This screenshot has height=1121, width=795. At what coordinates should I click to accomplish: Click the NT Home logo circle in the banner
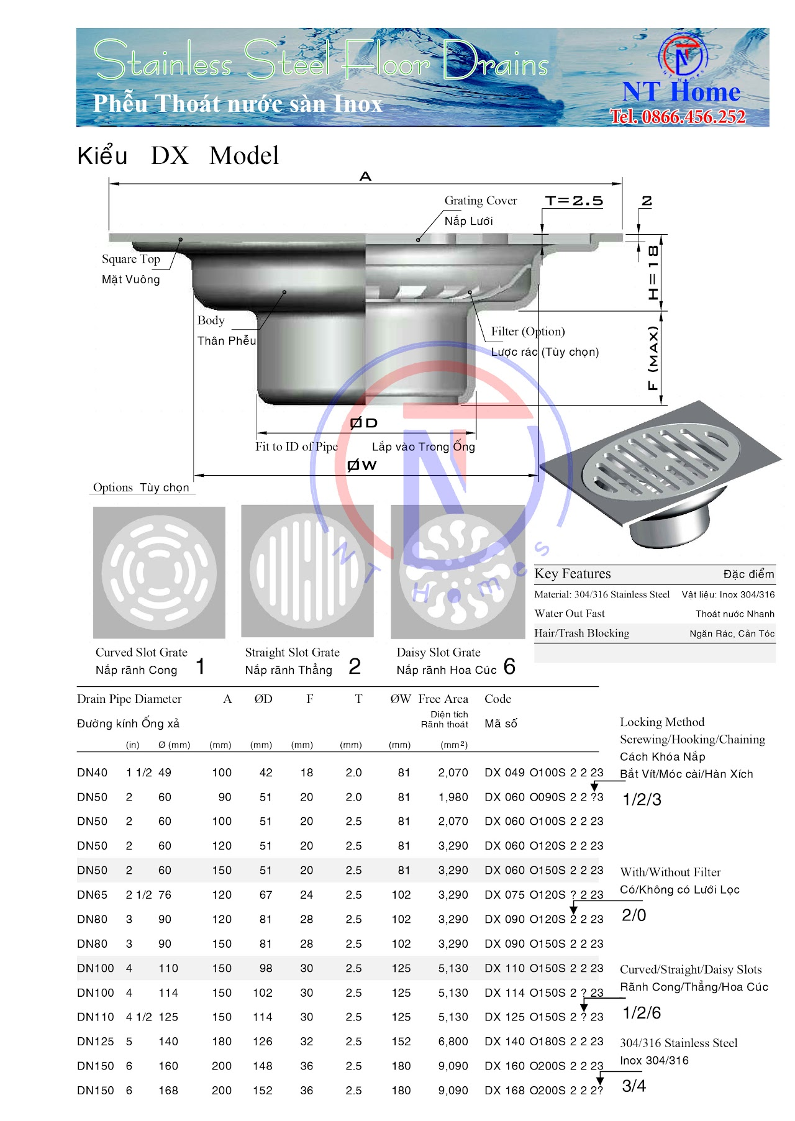point(682,55)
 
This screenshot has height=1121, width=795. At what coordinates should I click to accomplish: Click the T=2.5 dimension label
point(574,201)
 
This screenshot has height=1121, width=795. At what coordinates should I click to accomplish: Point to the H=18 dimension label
point(653,273)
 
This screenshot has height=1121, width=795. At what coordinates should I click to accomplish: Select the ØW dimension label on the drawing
point(362,465)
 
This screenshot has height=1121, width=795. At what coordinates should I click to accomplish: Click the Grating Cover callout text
point(481,201)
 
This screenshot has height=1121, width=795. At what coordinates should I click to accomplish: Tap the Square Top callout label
point(131,259)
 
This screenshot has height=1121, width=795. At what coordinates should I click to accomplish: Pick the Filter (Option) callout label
point(528,332)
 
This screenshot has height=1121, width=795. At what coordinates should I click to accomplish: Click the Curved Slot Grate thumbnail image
point(159,572)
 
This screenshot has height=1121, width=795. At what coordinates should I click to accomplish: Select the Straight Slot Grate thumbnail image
point(307,571)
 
